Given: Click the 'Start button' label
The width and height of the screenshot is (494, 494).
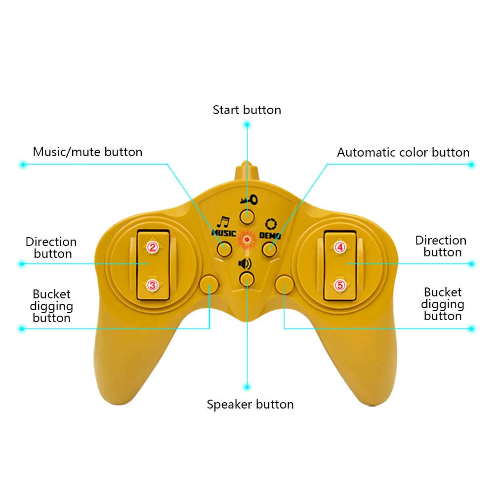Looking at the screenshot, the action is pos(247,110).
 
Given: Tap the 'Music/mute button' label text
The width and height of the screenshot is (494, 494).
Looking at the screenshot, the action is pos(87,152).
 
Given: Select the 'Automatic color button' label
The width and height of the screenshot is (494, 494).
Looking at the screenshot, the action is pos(403,152).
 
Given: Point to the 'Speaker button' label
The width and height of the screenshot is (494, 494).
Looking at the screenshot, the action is pos(250,405).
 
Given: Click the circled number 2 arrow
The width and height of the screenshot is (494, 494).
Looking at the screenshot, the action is pos(153,247).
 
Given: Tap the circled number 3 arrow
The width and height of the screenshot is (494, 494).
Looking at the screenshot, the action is pos(153,285).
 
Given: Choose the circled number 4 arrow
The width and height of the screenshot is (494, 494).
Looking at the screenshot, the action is pos(339,247).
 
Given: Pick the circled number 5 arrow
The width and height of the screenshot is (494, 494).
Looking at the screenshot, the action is pos(339,285).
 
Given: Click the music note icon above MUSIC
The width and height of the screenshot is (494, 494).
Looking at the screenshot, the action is pos(224,222).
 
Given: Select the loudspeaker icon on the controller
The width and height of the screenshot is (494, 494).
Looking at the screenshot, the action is pos(246,263).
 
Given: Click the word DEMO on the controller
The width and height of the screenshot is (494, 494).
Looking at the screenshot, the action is pos(270,236).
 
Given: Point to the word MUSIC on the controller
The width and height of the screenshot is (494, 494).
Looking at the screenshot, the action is pos(224,233).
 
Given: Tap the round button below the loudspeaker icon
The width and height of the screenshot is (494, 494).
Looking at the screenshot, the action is pos(246,279).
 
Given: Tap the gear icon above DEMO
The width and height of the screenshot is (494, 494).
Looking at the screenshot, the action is pos(270,223).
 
